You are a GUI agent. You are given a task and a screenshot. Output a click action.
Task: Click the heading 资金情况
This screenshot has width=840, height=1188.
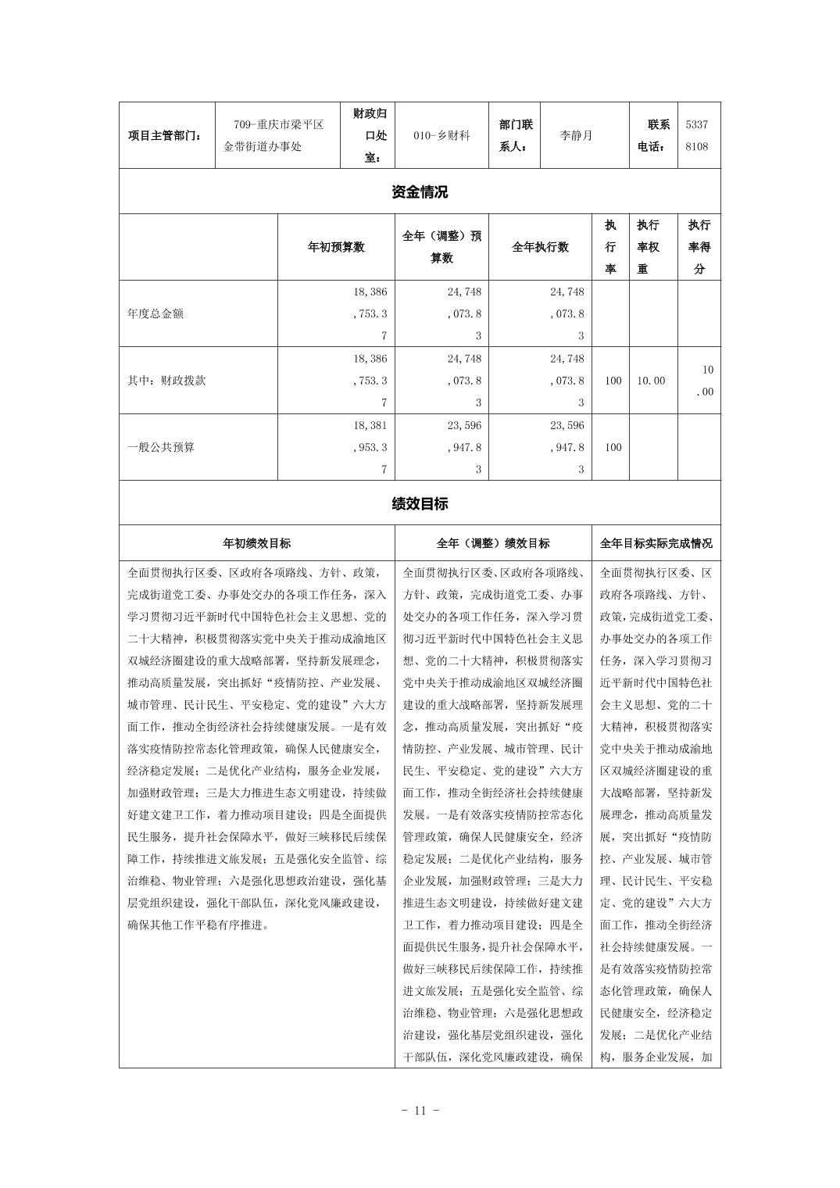[x=420, y=191]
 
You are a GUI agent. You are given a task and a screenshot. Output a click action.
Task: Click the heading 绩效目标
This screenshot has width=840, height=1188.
[x=420, y=503]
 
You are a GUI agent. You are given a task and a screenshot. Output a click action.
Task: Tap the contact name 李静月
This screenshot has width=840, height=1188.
[x=576, y=135]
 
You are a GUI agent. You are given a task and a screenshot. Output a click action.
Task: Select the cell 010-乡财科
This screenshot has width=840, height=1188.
[x=441, y=135]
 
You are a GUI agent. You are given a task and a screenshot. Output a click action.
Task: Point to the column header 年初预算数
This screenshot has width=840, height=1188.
[x=336, y=247]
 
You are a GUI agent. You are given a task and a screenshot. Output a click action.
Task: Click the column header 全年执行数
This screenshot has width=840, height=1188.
[x=540, y=247]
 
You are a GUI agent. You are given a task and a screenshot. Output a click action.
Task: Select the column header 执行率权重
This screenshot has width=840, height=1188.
[x=648, y=247]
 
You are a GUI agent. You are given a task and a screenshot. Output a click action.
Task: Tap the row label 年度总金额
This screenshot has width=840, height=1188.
[x=155, y=313]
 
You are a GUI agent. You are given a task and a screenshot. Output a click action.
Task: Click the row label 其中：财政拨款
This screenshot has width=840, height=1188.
[x=166, y=381]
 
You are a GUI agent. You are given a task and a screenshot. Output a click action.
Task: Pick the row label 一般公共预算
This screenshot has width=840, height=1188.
[x=161, y=448]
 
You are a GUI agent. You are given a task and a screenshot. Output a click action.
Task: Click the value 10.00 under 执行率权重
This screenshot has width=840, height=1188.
[x=651, y=381]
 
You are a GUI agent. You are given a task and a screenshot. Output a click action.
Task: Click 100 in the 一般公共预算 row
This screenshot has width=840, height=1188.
[x=613, y=448]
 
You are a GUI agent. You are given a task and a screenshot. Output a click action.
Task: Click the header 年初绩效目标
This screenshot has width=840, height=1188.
[x=256, y=543]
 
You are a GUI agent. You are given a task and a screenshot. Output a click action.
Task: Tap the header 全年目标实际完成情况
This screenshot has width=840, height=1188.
[x=656, y=543]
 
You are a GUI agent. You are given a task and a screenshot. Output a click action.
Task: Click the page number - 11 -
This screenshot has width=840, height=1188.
[x=420, y=1110]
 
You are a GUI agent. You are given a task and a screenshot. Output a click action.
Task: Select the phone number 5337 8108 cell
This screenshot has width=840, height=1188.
[x=697, y=135]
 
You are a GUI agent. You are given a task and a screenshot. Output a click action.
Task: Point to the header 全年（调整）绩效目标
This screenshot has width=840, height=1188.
[x=492, y=543]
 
